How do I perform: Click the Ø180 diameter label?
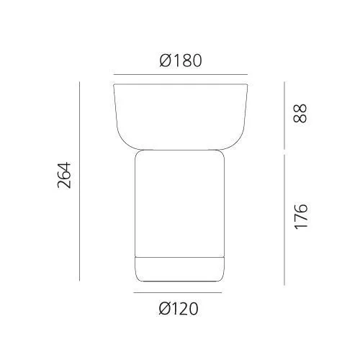(x=181, y=60)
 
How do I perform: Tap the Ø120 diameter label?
(x=179, y=308)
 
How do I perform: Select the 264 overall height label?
(x=64, y=175)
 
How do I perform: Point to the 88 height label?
(x=300, y=113)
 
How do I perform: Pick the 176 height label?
(x=301, y=217)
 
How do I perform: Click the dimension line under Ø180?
(x=181, y=75)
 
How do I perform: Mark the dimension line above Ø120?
(x=178, y=292)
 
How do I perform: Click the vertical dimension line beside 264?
(x=79, y=181)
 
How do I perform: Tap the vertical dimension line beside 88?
(x=284, y=115)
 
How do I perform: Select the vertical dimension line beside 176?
(x=284, y=220)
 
